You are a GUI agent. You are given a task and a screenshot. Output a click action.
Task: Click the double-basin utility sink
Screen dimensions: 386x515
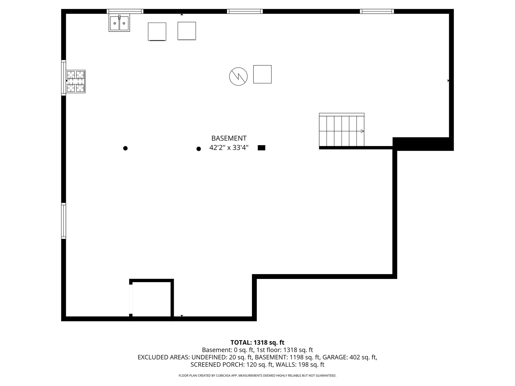119,23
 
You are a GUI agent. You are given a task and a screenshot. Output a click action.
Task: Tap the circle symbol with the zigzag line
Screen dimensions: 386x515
238,76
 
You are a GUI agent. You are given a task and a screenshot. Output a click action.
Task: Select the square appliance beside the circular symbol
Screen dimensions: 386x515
262,74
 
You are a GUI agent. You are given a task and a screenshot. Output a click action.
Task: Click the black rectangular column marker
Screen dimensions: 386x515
262,148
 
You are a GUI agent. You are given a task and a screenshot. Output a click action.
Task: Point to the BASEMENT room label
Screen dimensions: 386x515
229,138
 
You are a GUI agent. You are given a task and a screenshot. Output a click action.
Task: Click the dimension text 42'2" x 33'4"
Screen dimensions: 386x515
229,148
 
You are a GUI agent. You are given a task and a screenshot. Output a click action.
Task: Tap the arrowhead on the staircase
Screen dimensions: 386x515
362,131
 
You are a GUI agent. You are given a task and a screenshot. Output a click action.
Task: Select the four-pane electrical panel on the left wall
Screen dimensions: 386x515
75,81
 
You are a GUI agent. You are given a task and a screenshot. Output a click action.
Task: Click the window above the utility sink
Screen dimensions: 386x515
125,11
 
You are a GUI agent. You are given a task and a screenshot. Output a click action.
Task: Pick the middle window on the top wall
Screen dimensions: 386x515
245,11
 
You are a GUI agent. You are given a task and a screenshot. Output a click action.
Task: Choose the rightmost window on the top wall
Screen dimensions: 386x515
377,11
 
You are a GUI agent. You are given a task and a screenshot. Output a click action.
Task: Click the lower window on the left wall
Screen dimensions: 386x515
64,221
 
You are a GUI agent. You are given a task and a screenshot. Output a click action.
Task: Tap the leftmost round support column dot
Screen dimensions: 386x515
125,148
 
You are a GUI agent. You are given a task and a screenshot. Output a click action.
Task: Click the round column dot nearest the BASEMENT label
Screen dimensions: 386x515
199,149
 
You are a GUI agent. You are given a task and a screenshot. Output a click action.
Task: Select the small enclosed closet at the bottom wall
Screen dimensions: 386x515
151,299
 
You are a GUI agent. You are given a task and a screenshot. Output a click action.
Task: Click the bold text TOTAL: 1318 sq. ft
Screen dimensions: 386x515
257,343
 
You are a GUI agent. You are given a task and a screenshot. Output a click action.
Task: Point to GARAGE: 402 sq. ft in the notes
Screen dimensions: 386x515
350,357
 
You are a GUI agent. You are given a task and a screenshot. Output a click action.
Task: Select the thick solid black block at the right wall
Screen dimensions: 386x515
423,144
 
